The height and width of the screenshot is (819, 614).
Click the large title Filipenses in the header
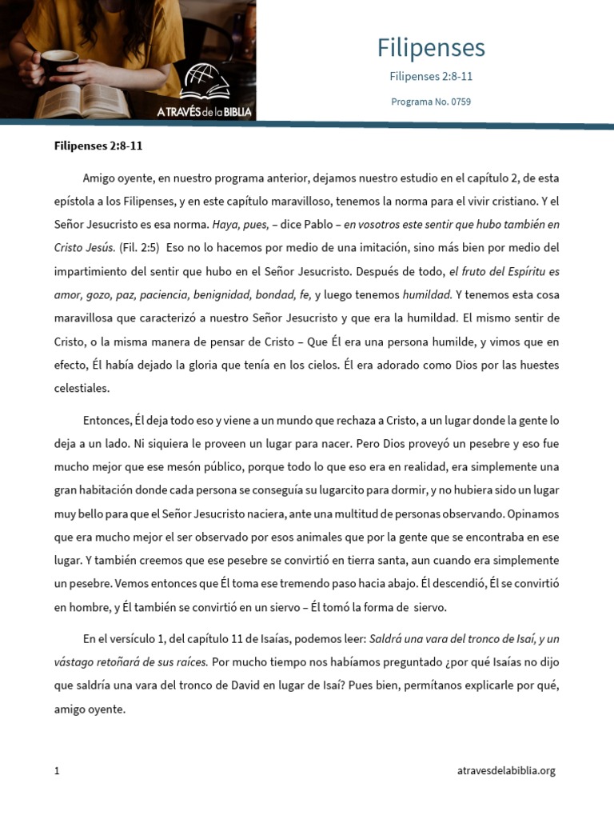click(x=431, y=48)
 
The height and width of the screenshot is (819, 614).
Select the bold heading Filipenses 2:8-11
click(x=98, y=146)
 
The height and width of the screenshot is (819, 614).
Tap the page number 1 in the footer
click(x=57, y=771)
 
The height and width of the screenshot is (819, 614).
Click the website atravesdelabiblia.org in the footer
click(x=505, y=771)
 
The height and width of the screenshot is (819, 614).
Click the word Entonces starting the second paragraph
click(x=106, y=420)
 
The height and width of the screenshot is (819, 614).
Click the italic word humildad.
click(x=427, y=294)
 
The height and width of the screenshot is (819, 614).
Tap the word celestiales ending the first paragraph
click(x=82, y=388)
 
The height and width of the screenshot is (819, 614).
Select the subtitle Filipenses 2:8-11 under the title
click(x=437, y=77)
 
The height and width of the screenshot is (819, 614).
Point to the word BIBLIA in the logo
click(x=232, y=112)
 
